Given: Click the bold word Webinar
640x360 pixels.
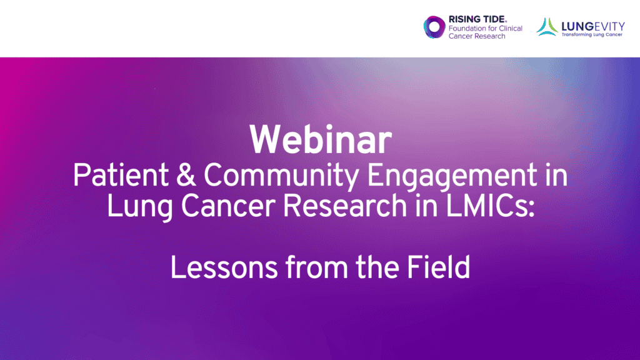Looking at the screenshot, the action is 321,140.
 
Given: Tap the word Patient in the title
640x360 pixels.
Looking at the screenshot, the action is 121,175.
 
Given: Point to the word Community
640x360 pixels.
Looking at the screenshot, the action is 281,177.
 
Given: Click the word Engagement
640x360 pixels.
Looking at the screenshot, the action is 452,177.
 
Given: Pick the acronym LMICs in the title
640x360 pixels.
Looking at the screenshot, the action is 489,206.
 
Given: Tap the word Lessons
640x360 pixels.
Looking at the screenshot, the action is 224,267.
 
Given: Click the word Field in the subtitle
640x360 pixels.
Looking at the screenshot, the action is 438,267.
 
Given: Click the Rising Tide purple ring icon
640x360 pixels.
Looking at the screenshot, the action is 434,27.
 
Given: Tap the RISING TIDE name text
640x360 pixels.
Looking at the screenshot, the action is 477,19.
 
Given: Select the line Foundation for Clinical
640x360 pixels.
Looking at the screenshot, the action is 485,28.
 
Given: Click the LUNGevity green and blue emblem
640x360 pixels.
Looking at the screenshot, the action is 547,27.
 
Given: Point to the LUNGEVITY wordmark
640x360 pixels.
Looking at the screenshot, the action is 593,26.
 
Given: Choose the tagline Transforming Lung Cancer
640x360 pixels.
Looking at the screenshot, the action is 592,35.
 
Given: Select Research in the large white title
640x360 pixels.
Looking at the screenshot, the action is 345,206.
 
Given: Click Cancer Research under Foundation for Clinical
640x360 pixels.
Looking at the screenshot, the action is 477,36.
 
